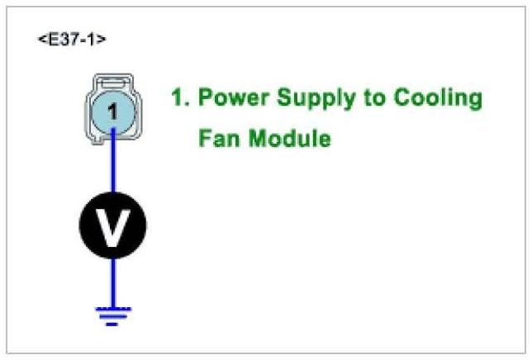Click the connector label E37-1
coord(72,39)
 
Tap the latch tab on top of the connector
coord(112,82)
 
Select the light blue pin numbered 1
coord(112,111)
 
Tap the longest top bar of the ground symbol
coord(112,309)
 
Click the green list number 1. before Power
coord(181,98)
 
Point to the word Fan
coord(217,138)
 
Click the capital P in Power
coord(207,98)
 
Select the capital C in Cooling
coord(401,98)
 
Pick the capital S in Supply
coord(284,98)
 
